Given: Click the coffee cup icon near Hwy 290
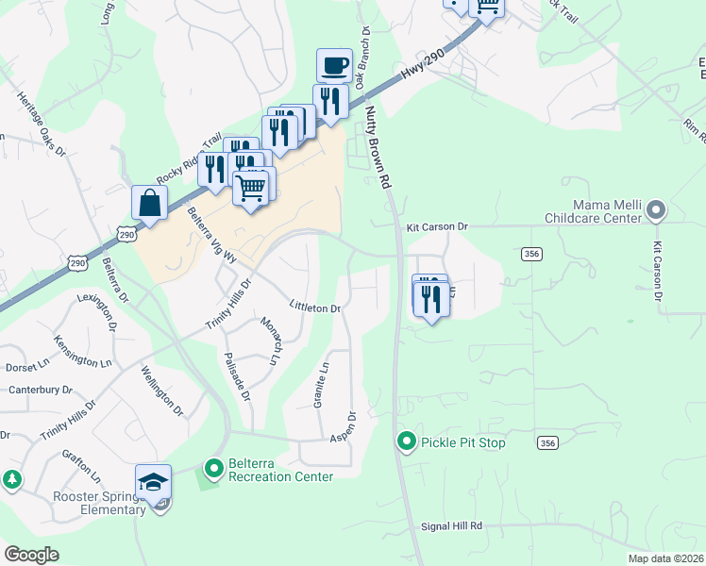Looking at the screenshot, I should [x=334, y=66].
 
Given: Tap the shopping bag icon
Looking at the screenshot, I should [x=150, y=202].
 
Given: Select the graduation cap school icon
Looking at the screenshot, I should [x=153, y=481].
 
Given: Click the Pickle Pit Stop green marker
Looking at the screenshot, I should [x=407, y=441].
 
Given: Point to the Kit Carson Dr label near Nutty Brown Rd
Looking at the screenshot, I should [x=437, y=227].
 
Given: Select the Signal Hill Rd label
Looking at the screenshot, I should [x=450, y=525].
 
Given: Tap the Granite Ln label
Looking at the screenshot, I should [x=320, y=386].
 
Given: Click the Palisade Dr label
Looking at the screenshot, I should [x=237, y=378].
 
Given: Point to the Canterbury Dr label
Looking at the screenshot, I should [x=40, y=389].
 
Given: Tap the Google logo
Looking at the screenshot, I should [x=31, y=555].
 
